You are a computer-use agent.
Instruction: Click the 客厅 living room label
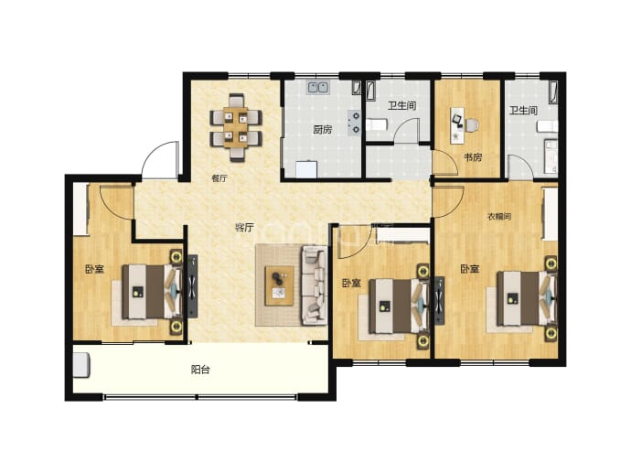point(244,228)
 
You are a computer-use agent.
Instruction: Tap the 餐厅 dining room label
point(219,178)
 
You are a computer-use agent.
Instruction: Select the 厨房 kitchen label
point(323,130)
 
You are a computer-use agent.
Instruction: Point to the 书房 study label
point(473,157)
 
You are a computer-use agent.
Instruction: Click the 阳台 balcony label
point(200,370)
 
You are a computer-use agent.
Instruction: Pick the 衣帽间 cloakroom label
point(499,217)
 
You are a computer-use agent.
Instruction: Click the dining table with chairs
point(236,127)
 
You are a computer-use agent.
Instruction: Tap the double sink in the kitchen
point(319,87)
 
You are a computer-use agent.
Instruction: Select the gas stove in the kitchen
point(355,123)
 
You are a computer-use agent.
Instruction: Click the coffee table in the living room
point(279,285)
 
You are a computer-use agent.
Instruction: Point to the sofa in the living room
point(315,285)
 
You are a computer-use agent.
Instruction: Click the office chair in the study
point(471,125)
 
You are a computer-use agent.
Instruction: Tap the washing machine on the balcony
point(81,365)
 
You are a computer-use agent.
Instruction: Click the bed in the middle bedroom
point(395,306)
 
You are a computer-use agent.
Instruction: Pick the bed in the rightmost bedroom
point(523,298)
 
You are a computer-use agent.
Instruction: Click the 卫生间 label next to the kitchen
point(402,105)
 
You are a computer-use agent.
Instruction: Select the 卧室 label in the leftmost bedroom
point(94,269)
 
